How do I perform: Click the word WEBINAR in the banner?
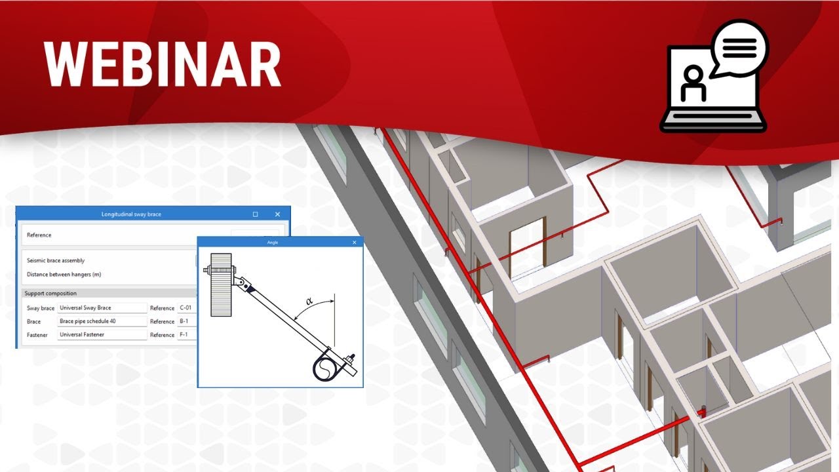(x=163, y=64)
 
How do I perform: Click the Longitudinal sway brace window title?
(x=131, y=214)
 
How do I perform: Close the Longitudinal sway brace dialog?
(x=278, y=214)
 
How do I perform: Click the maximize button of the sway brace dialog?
(x=255, y=214)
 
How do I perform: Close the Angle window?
(x=355, y=243)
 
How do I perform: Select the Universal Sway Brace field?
(x=102, y=308)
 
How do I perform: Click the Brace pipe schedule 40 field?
(x=102, y=321)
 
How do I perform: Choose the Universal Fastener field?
(x=102, y=335)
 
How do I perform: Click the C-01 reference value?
(x=187, y=308)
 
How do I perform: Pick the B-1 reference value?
(x=185, y=321)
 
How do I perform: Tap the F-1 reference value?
(x=185, y=335)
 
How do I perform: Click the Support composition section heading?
(x=50, y=293)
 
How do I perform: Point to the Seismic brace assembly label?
(x=56, y=260)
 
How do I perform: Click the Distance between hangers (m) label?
(x=64, y=274)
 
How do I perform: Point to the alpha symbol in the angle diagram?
(x=309, y=302)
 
